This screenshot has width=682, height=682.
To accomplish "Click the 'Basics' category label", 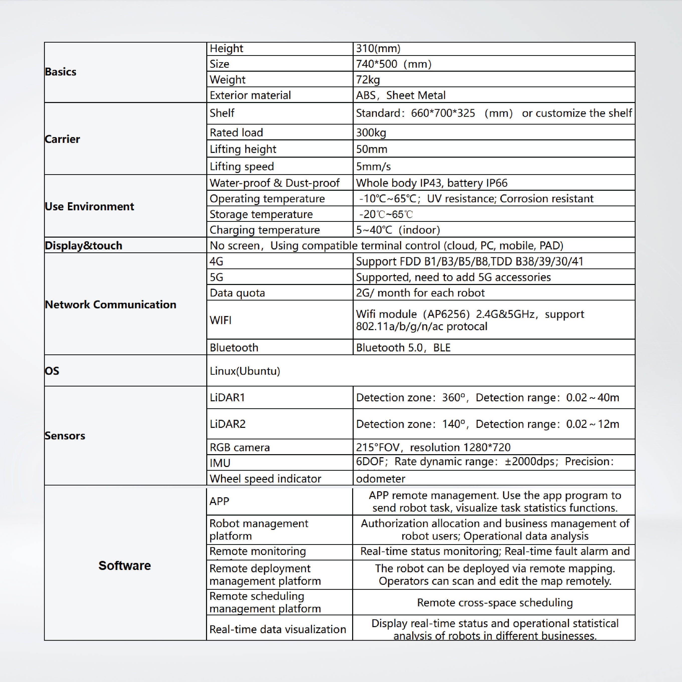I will pyautogui.click(x=61, y=72).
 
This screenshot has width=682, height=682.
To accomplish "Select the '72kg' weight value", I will pyautogui.click(x=368, y=80).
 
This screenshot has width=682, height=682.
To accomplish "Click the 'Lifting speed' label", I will pyautogui.click(x=242, y=166).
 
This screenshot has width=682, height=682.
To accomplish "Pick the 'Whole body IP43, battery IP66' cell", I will pyautogui.click(x=431, y=183).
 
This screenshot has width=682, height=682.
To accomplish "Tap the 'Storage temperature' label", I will pyautogui.click(x=261, y=214).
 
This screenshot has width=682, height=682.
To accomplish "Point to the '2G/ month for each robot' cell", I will pyautogui.click(x=420, y=293).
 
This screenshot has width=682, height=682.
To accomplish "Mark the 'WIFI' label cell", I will pyautogui.click(x=221, y=320).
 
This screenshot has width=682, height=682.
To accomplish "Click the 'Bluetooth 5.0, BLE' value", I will pyautogui.click(x=403, y=348).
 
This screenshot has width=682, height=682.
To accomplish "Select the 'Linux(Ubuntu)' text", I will pyautogui.click(x=245, y=371).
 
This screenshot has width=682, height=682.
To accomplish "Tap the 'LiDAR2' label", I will pyautogui.click(x=227, y=424).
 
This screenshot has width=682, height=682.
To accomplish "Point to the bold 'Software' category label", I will pyautogui.click(x=125, y=565).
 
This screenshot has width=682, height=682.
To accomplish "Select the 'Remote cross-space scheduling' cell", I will pyautogui.click(x=495, y=603).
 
